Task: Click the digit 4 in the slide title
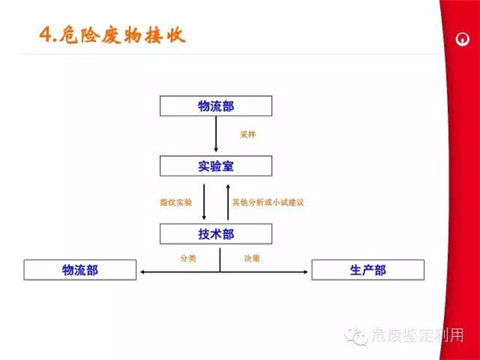tap(46, 36)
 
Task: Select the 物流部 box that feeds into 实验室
tap(216, 106)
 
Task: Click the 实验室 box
tap(216, 166)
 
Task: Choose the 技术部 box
tap(216, 234)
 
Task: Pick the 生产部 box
tap(367, 270)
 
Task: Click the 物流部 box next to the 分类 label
tap(80, 270)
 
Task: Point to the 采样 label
tap(247, 134)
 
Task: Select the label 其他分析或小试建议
tap(267, 202)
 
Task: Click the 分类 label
tap(187, 258)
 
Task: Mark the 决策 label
tap(251, 258)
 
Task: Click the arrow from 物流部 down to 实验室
tap(216, 136)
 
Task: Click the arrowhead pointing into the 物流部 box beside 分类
tap(142, 273)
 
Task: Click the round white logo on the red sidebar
tap(462, 37)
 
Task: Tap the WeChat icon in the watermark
tap(356, 338)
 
